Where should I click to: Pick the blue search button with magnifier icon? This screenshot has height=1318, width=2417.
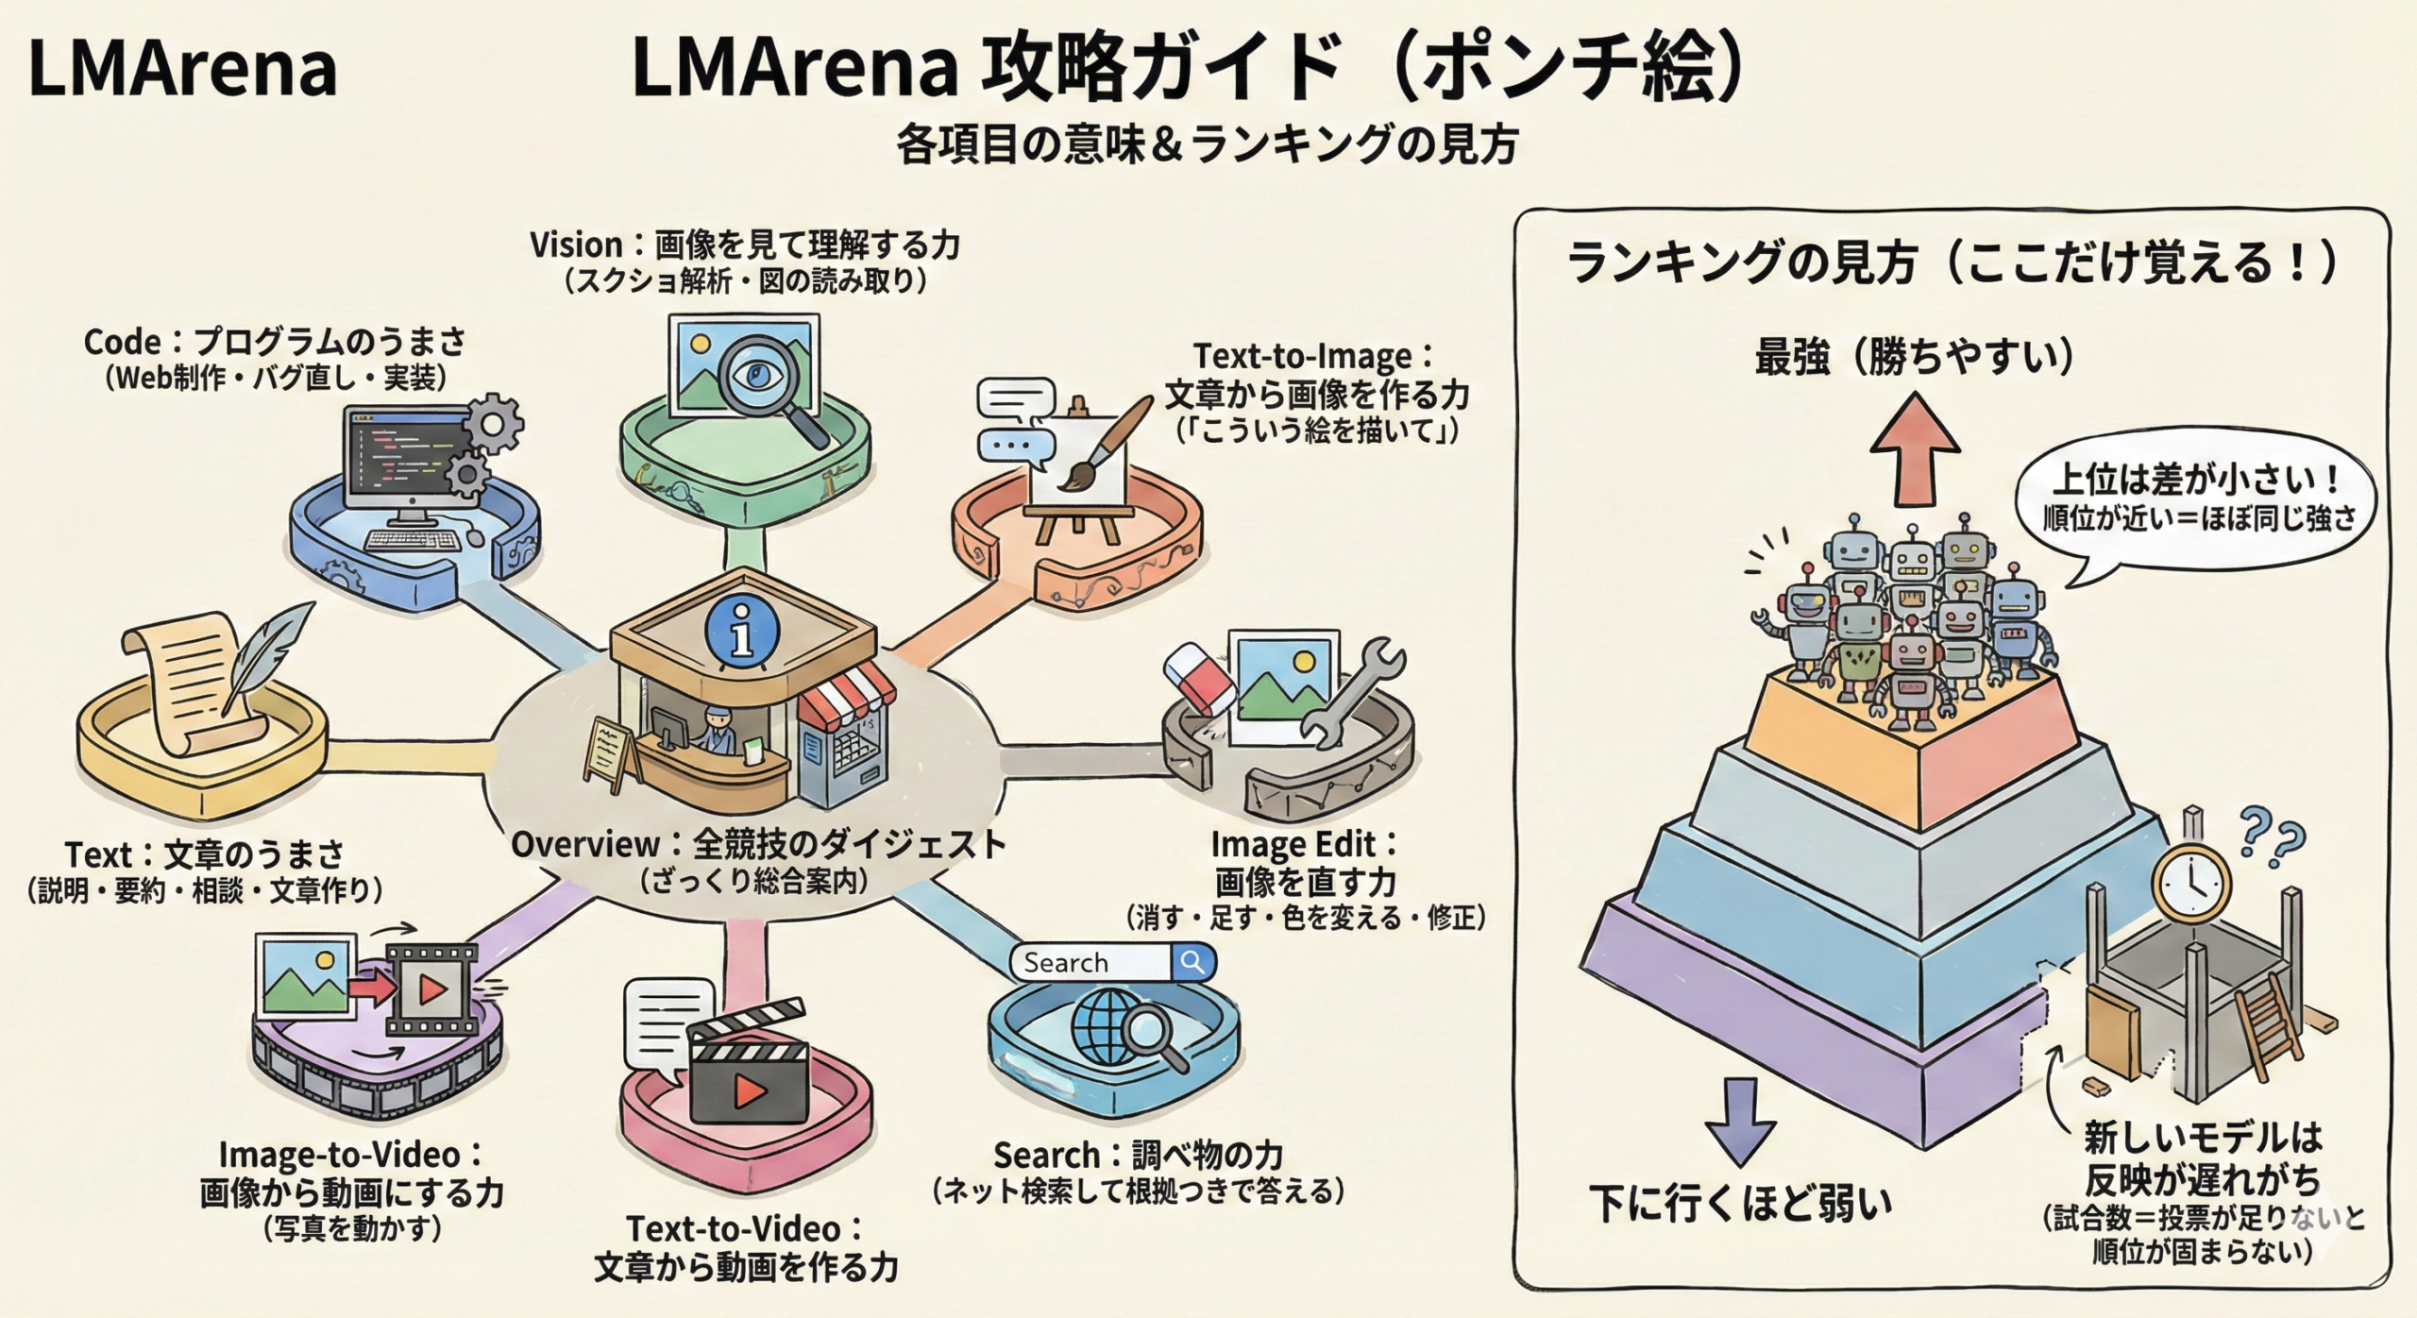click(x=1193, y=962)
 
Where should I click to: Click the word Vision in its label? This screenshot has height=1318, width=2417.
click(x=576, y=245)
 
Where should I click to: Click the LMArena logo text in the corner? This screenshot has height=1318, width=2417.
click(x=182, y=69)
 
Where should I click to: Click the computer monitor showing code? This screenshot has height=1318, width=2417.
click(x=407, y=458)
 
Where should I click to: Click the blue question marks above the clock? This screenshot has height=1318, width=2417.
click(x=2272, y=836)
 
